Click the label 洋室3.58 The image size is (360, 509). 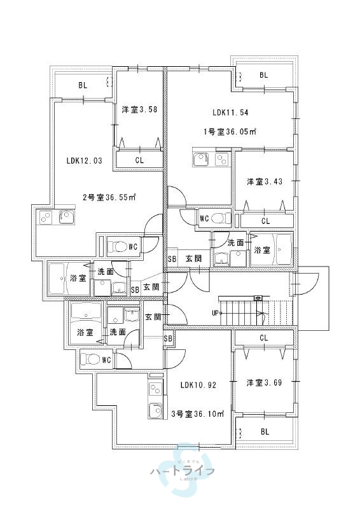[x=139, y=109]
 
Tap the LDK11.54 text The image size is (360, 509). [x=230, y=113]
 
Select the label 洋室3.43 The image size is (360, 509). [x=265, y=182]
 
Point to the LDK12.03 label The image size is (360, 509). [x=84, y=161]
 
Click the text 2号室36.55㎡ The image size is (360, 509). [x=109, y=197]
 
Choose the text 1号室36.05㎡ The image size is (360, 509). [x=230, y=132]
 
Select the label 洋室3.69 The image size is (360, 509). [x=265, y=382]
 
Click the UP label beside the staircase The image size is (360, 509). [x=216, y=313]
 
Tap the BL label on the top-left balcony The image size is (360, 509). [x=83, y=85]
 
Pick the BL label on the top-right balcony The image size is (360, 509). [x=264, y=75]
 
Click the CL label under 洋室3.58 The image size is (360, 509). [x=139, y=160]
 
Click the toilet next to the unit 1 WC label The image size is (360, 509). [x=221, y=218]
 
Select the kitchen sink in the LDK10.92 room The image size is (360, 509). [x=155, y=412]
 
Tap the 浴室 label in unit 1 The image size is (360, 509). [x=262, y=250]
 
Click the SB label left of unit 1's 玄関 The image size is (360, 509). [x=172, y=259]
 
